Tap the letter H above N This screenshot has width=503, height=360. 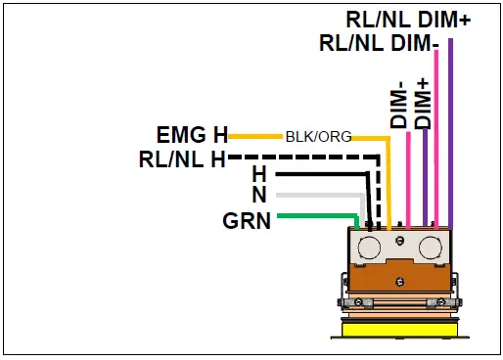(258, 174)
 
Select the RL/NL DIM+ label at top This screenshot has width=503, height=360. (409, 19)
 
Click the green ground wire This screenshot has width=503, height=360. (313, 215)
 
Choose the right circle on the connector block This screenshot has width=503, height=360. (430, 247)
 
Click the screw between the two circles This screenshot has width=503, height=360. (399, 239)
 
